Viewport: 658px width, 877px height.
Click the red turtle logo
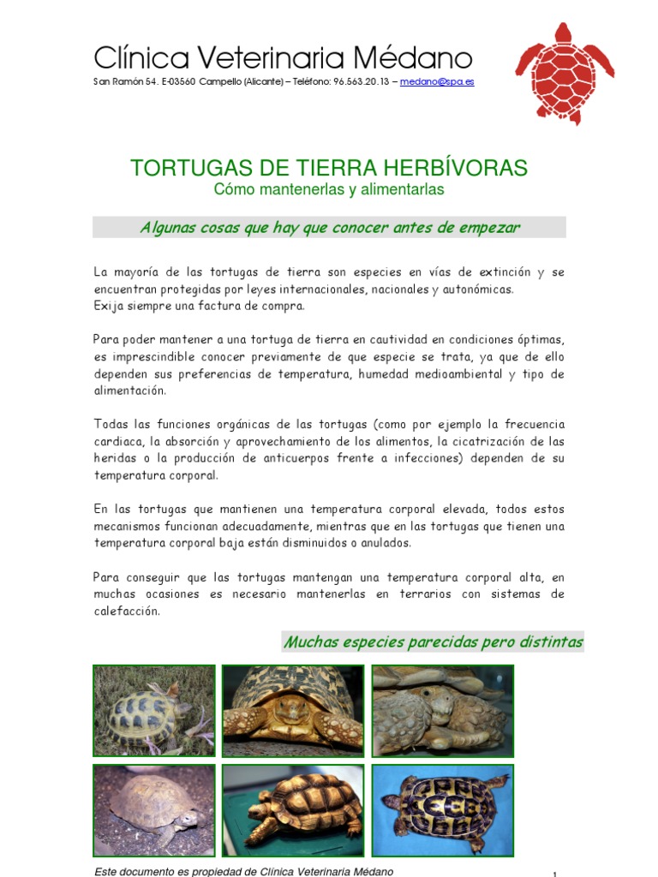point(564,74)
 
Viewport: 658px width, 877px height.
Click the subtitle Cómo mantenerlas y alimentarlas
point(329,190)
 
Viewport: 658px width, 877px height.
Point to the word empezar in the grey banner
point(489,227)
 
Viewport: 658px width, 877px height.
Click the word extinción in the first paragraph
point(503,272)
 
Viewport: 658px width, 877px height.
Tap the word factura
point(194,306)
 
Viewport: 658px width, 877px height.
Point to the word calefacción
point(127,612)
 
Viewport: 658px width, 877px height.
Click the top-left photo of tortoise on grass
point(141,711)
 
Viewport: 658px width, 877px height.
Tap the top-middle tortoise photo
point(292,711)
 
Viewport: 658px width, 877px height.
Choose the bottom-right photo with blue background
point(442,810)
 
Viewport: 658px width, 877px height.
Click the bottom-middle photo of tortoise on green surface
point(292,810)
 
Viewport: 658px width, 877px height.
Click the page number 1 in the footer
point(555,874)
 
